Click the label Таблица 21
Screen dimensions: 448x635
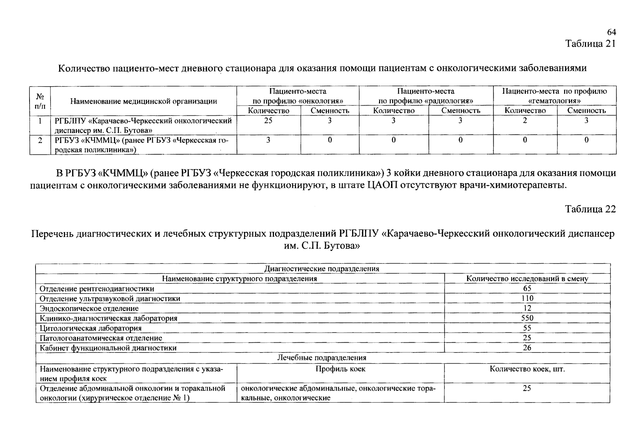(590, 44)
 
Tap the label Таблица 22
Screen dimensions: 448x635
(590, 209)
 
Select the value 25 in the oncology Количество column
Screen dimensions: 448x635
(268, 121)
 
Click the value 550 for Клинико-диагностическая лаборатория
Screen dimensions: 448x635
(527, 318)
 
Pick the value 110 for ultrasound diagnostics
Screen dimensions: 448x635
(527, 298)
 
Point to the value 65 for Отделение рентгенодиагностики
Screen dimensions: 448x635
(527, 289)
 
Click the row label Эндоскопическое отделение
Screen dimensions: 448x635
(89, 308)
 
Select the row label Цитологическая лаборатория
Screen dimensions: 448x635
(90, 328)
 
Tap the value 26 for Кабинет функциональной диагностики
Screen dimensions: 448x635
(527, 348)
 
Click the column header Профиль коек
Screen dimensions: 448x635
(340, 369)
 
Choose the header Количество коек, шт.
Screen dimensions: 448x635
(527, 369)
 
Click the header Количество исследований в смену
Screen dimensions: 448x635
(527, 279)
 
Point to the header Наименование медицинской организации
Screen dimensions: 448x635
(144, 101)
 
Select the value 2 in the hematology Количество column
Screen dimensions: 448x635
(525, 121)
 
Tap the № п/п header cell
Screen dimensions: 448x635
(40, 101)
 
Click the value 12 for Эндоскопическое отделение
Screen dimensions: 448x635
(527, 308)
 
